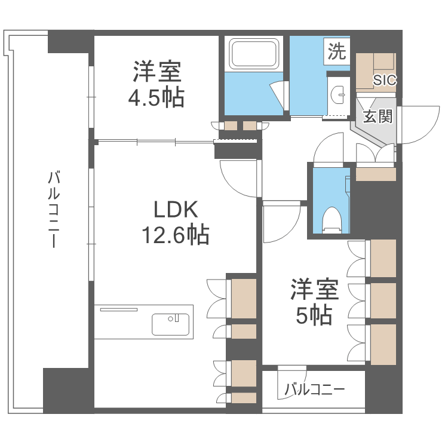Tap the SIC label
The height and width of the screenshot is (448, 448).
tap(385, 80)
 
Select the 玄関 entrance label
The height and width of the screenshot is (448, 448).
tap(378, 116)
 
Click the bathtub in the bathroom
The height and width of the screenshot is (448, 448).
tap(254, 54)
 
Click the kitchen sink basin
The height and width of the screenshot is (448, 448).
tap(171, 324)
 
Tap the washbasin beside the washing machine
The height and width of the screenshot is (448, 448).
tap(337, 94)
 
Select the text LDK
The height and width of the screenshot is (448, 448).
tap(176, 210)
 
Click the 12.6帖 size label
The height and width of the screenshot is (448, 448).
tap(176, 235)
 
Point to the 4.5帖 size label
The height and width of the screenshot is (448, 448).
tap(157, 97)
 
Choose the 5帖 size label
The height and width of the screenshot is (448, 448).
tap(314, 315)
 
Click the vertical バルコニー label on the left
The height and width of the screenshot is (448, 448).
tap(53, 208)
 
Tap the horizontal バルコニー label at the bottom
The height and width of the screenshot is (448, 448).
tap(315, 389)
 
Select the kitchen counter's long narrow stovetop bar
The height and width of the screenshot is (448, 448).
tap(119, 309)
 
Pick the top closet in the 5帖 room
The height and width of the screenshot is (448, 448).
tap(383, 259)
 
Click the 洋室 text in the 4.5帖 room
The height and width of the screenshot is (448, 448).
tap(157, 72)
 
